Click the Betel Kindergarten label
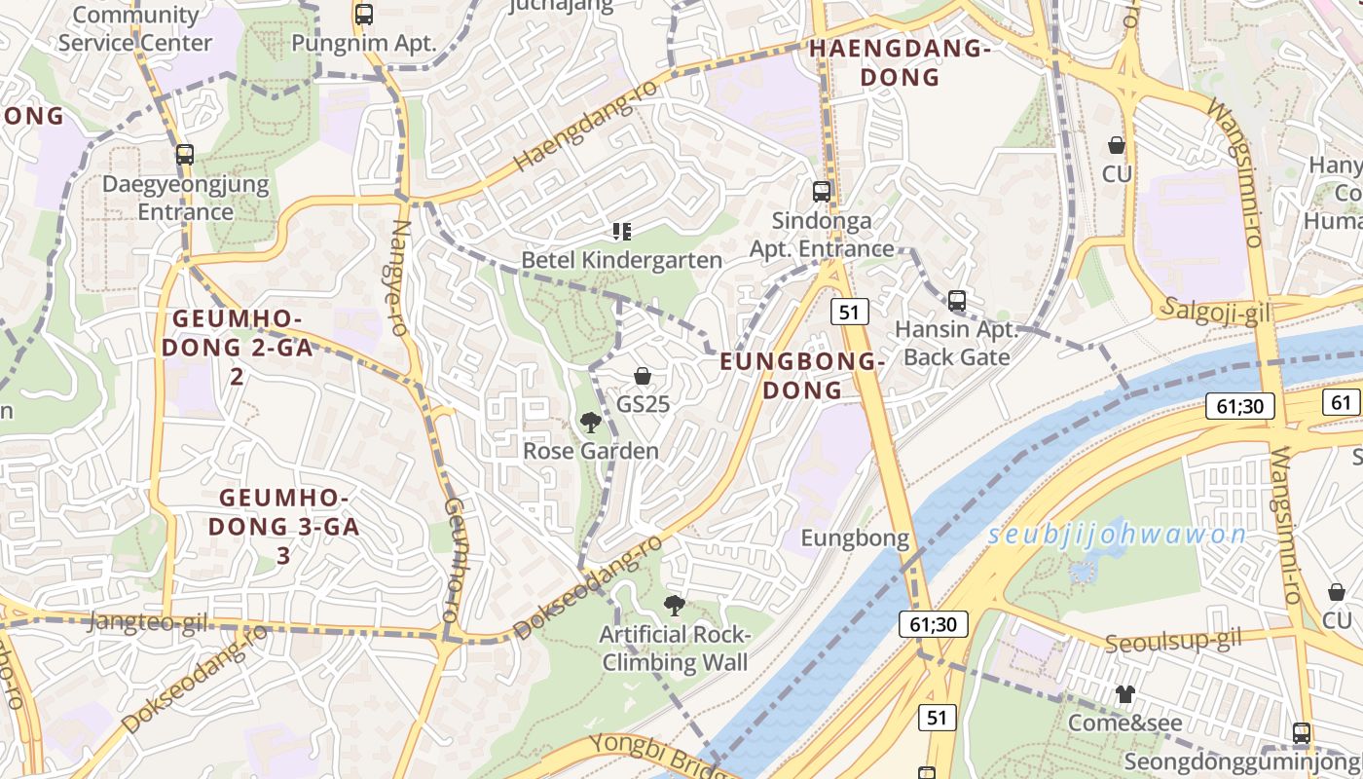click(x=622, y=260)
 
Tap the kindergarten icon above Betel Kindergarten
click(x=622, y=232)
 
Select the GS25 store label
click(x=644, y=403)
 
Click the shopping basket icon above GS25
click(x=643, y=376)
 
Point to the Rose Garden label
click(x=591, y=451)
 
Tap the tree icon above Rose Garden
click(x=590, y=422)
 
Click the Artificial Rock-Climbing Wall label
click(x=676, y=649)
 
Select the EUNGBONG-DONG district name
click(x=802, y=376)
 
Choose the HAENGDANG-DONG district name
click(x=900, y=62)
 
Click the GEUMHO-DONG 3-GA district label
click(x=283, y=527)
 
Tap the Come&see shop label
click(x=1125, y=723)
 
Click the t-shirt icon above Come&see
click(x=1125, y=694)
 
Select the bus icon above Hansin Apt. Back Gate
click(x=957, y=301)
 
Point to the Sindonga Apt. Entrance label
click(x=822, y=235)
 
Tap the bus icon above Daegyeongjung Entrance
click(x=184, y=154)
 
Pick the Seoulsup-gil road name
click(x=1174, y=641)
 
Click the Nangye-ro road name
click(x=398, y=277)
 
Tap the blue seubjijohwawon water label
click(x=1117, y=535)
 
